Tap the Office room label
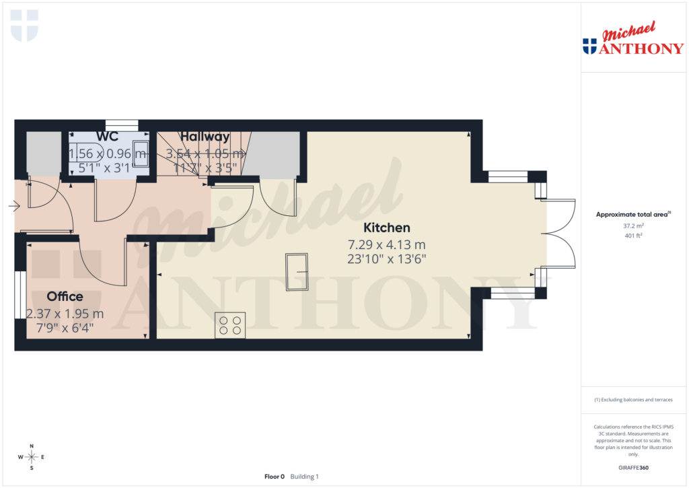(x=65, y=296)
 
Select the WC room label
(x=107, y=137)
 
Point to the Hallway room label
(x=205, y=137)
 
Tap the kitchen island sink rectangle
(x=297, y=272)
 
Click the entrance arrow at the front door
(x=13, y=207)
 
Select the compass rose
(x=32, y=457)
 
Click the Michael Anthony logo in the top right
(x=632, y=40)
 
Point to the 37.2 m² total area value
(x=633, y=226)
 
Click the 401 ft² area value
(x=633, y=236)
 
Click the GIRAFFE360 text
(x=633, y=468)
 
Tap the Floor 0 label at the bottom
(x=275, y=477)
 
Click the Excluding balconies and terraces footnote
(x=633, y=400)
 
